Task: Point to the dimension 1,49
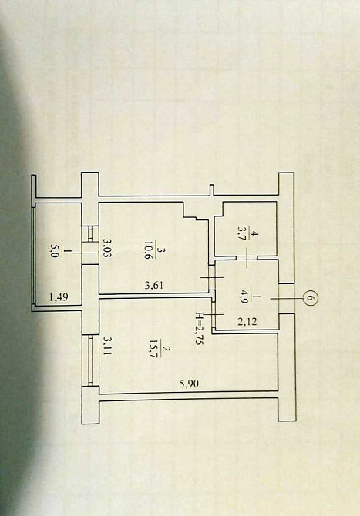[58, 297]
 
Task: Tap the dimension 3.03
[106, 249]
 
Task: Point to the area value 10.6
[146, 251]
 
